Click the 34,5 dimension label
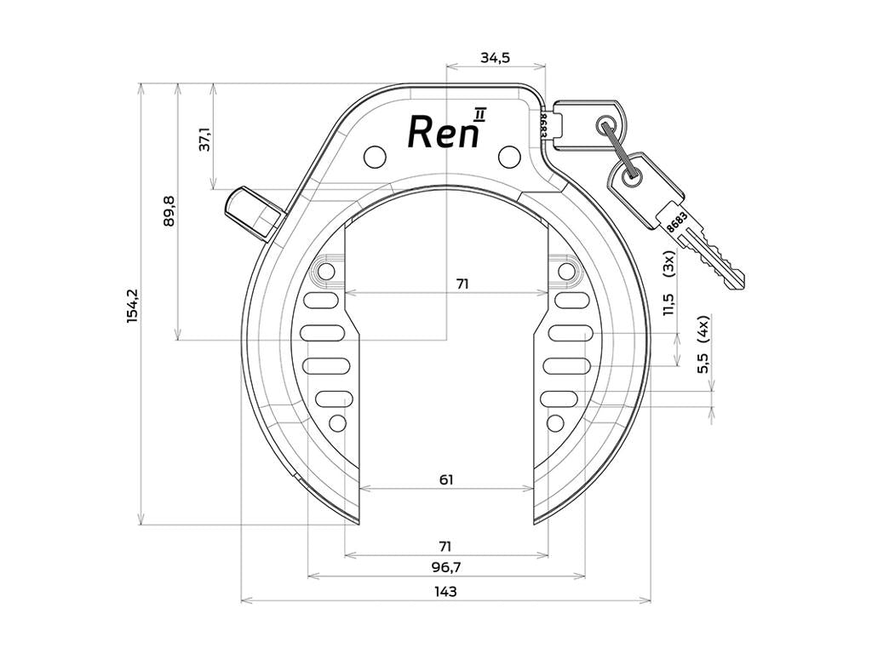tap(495, 57)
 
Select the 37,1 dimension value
tap(205, 139)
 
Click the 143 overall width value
tap(445, 591)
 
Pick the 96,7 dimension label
tap(446, 568)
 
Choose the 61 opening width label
tap(446, 479)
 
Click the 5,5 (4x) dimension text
tap(703, 344)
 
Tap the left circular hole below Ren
tap(375, 157)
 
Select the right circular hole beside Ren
tap(509, 157)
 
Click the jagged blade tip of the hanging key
tap(736, 279)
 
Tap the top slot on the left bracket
tap(320, 301)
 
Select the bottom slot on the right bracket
tap(559, 399)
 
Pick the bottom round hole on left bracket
tap(337, 423)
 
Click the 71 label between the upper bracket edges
tap(462, 284)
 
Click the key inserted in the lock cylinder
tap(589, 125)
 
